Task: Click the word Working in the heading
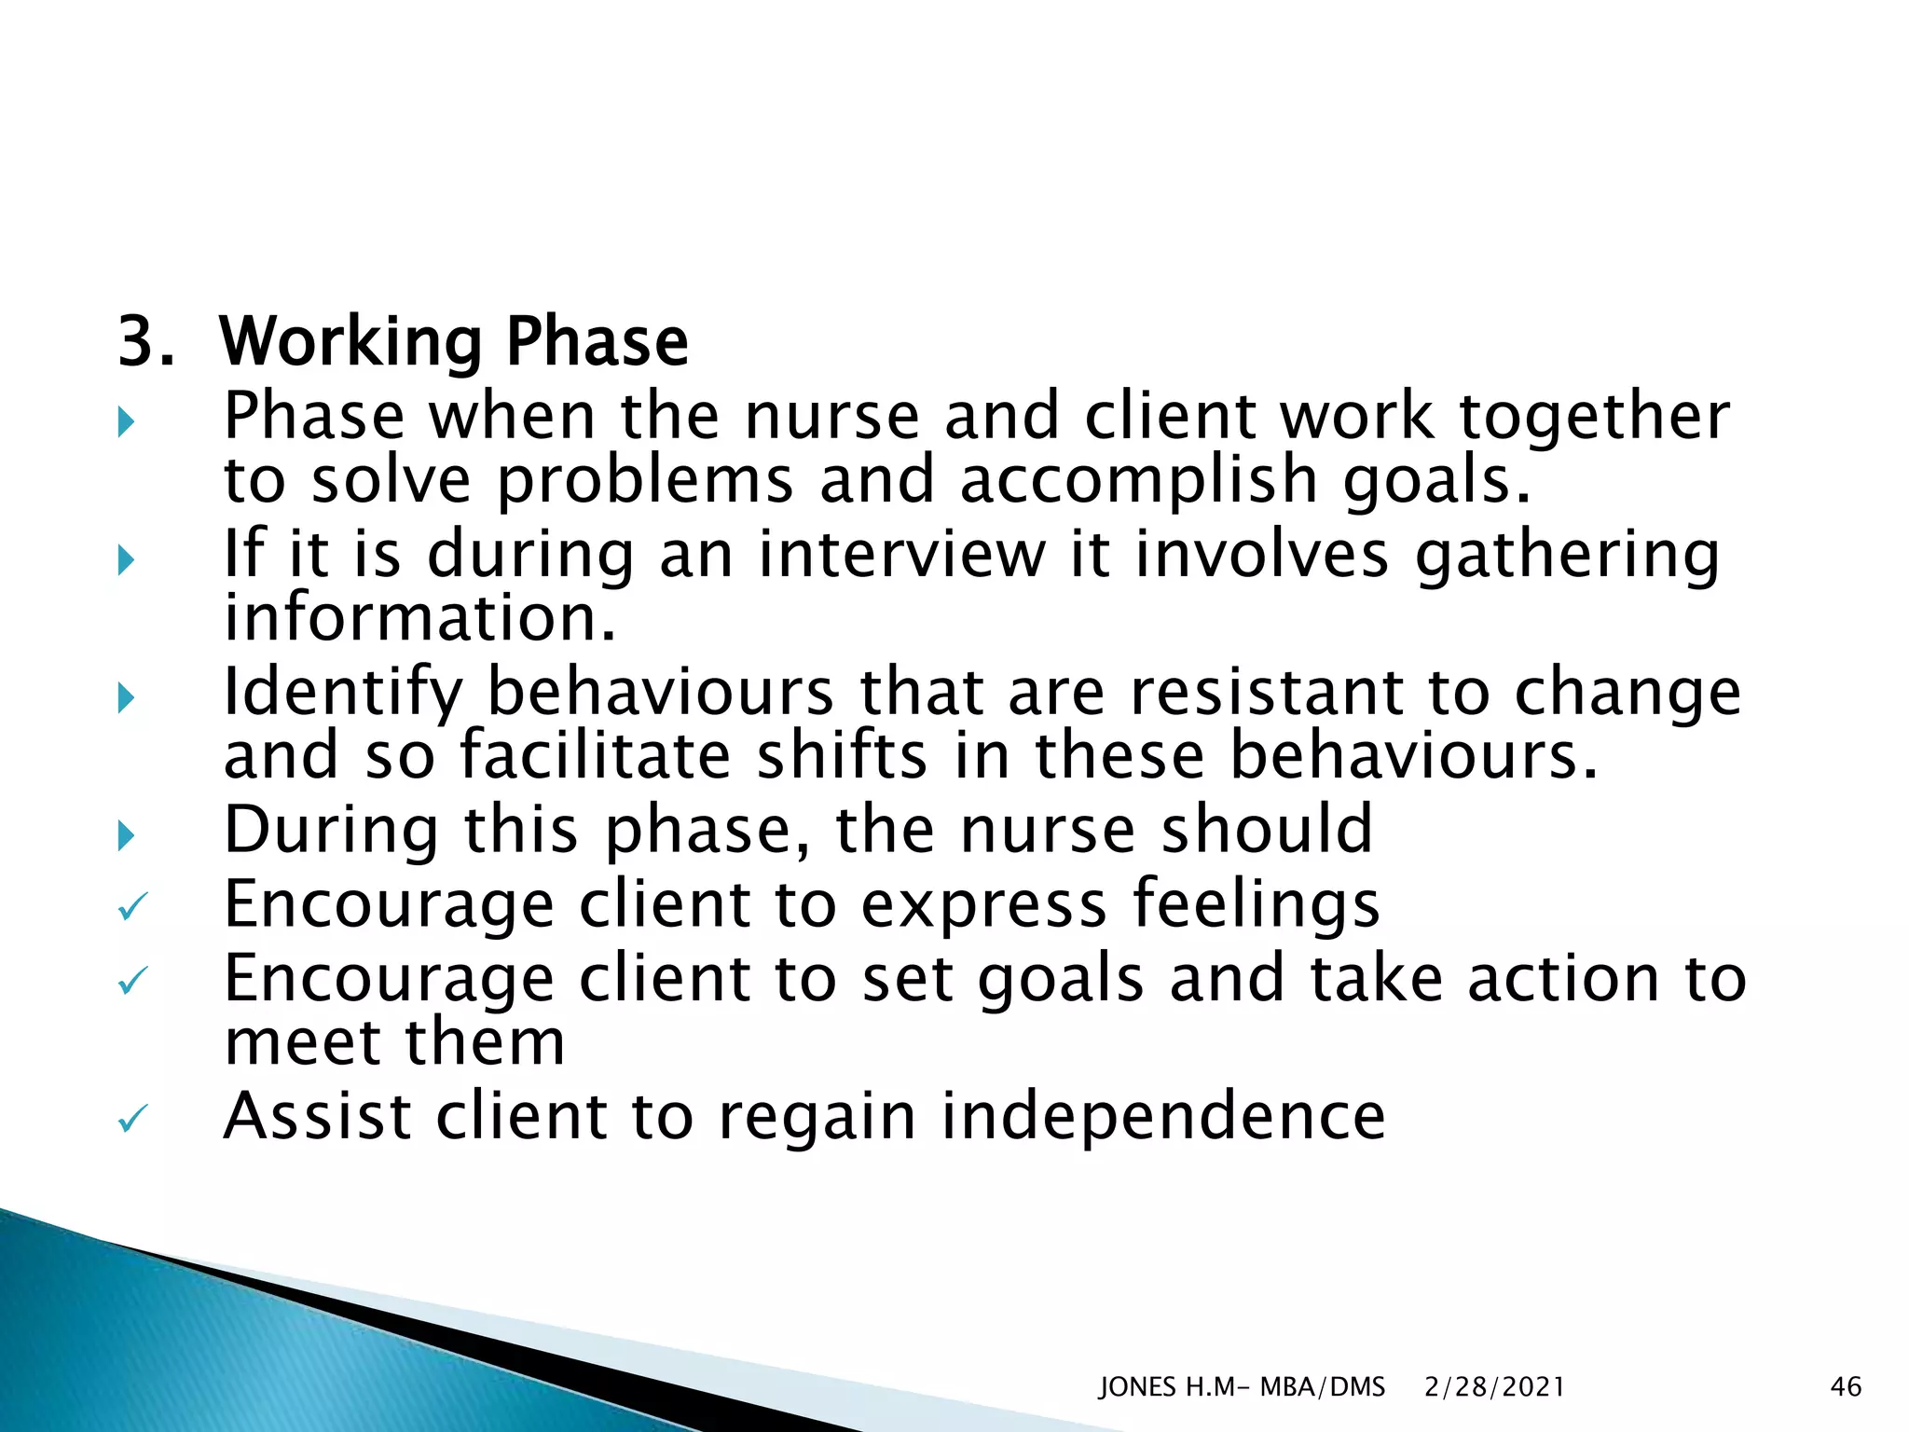pos(350,344)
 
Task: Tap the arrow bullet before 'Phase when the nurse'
pos(127,423)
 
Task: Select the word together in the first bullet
pos(1594,418)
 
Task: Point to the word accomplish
pos(1138,482)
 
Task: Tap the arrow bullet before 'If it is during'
pos(127,560)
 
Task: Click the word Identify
pos(343,695)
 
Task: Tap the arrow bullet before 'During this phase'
pos(127,835)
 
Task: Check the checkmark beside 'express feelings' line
pos(132,907)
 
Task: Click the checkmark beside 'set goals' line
pos(132,981)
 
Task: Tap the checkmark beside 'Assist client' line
pos(132,1119)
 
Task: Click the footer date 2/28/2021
pos(1494,1387)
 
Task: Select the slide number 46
pos(1846,1387)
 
